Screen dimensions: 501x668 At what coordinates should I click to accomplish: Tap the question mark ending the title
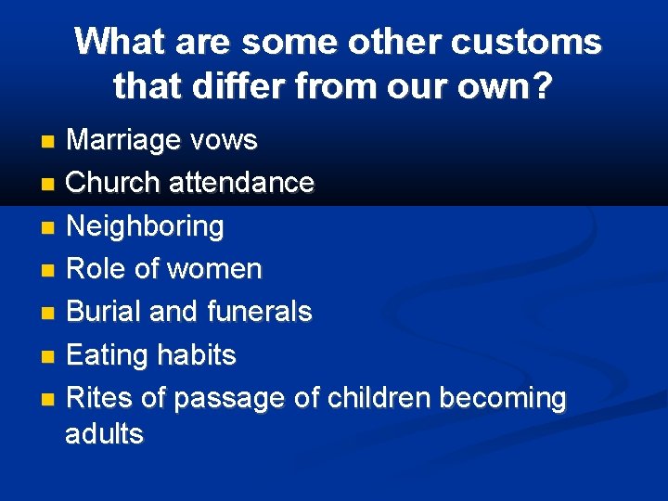pyautogui.click(x=542, y=87)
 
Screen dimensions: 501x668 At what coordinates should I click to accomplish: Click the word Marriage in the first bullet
pyautogui.click(x=123, y=141)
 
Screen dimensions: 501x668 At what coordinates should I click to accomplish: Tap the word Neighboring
pyautogui.click(x=146, y=226)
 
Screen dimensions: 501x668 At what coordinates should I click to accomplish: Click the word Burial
pyautogui.click(x=104, y=313)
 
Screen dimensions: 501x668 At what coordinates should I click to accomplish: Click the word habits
pyautogui.click(x=197, y=356)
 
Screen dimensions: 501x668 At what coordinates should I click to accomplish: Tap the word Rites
pyautogui.click(x=99, y=399)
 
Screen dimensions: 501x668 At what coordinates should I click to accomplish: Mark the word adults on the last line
pyautogui.click(x=105, y=434)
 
